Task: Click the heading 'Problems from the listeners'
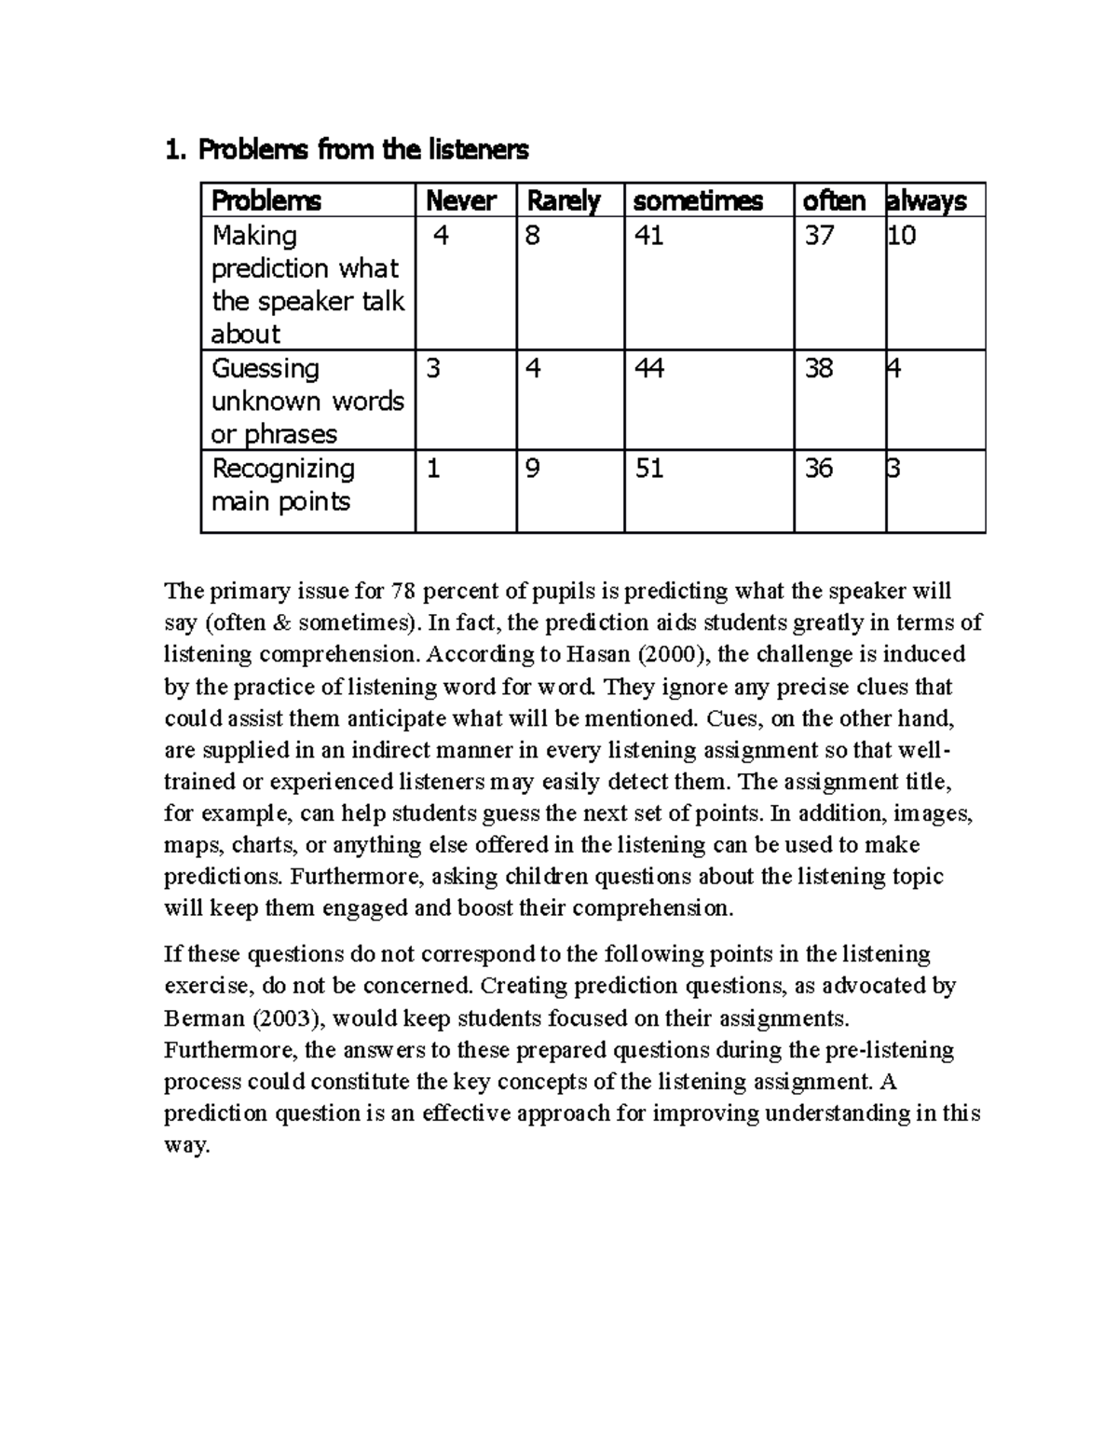pos(346,149)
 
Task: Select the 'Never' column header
pos(460,201)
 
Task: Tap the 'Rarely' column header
pos(564,201)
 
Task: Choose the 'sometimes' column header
pos(698,201)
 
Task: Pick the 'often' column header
pos(834,201)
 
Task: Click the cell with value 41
pos(648,237)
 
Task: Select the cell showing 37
pos(819,237)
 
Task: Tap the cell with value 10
pos(902,237)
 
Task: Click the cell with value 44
pos(648,369)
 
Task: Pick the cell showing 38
pos(819,369)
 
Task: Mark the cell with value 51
pos(648,469)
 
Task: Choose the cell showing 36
pos(819,469)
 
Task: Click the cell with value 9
pos(533,469)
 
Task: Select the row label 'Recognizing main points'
pos(282,485)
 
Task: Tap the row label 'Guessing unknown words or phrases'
pos(307,402)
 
